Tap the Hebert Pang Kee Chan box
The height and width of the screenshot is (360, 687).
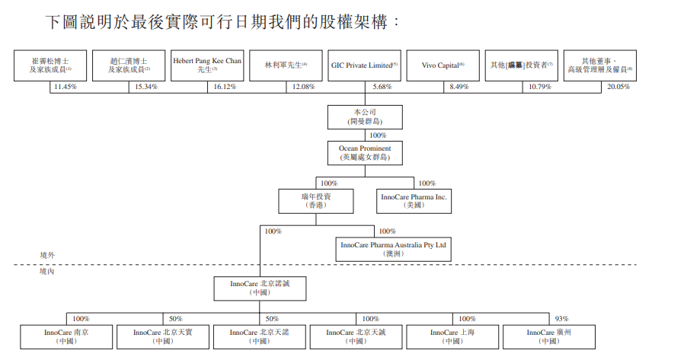pos(206,65)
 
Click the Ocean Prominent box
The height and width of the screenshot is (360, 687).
pos(365,152)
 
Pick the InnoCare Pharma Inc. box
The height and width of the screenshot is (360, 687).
pos(414,201)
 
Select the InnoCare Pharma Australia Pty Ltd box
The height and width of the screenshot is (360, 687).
pos(394,249)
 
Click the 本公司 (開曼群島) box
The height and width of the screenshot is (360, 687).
pos(365,116)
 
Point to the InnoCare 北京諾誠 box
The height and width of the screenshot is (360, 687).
pos(260,287)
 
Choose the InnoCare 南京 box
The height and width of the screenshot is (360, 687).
pos(66,336)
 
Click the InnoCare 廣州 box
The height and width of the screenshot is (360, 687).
pos(548,336)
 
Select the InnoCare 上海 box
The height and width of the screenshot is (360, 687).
pos(453,336)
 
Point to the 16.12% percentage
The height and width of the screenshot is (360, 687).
pos(225,88)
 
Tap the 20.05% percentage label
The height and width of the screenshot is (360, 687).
pos(618,88)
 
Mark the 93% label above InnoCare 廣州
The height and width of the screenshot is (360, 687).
pos(561,318)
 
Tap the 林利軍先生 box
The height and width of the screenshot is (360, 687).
pos(285,65)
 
